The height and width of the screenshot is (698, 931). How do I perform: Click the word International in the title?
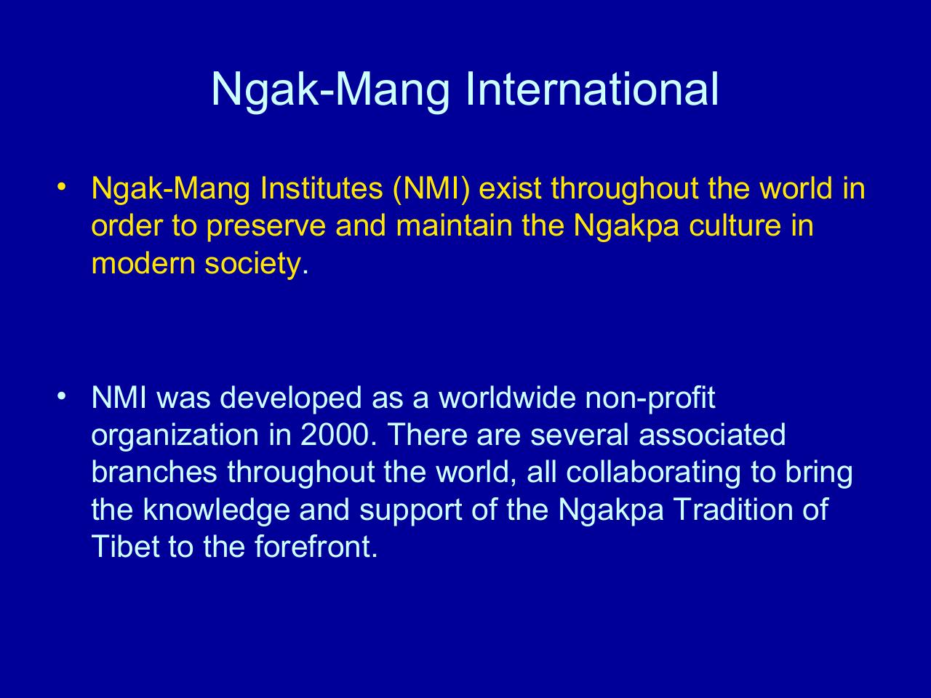tap(590, 89)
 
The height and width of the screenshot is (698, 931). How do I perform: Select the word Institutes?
tap(323, 189)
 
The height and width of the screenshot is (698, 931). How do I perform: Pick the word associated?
tap(712, 435)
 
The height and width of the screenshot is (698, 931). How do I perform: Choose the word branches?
tap(154, 472)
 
